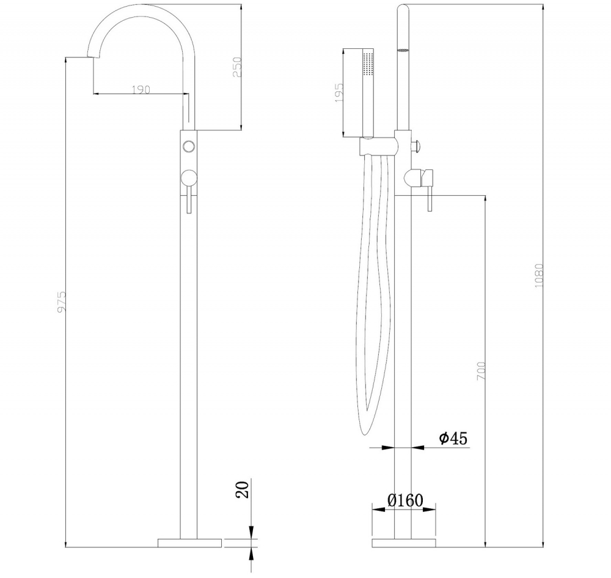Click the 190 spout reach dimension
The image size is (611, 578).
(141, 89)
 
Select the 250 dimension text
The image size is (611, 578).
(238, 67)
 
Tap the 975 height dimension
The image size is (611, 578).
(61, 302)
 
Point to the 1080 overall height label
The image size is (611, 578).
(538, 276)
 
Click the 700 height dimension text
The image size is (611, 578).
(481, 372)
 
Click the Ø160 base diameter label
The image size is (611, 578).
(404, 500)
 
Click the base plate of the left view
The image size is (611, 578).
(190, 542)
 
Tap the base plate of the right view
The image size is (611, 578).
(403, 542)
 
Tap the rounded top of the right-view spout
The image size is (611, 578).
(403, 9)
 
